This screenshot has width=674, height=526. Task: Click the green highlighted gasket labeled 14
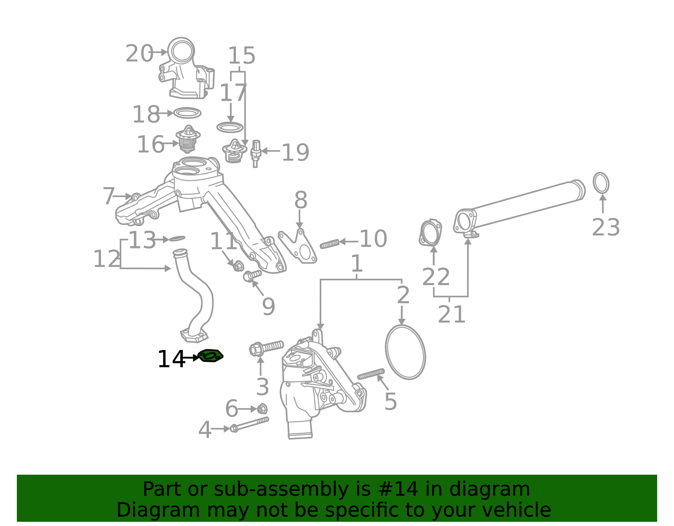210,356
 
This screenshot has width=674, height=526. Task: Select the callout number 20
139,54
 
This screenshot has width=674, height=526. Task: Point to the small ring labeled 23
601,183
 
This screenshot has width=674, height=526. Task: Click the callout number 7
109,196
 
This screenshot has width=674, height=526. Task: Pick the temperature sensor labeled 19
255,152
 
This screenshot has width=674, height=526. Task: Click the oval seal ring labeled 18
187,113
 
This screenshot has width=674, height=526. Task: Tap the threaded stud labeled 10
329,243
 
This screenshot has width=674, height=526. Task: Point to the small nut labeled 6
262,409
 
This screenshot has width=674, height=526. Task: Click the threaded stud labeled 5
371,374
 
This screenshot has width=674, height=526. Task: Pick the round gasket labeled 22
430,232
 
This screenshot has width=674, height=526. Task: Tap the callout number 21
451,315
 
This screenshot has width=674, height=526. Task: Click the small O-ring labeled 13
177,239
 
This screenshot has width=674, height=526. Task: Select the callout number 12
106,259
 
